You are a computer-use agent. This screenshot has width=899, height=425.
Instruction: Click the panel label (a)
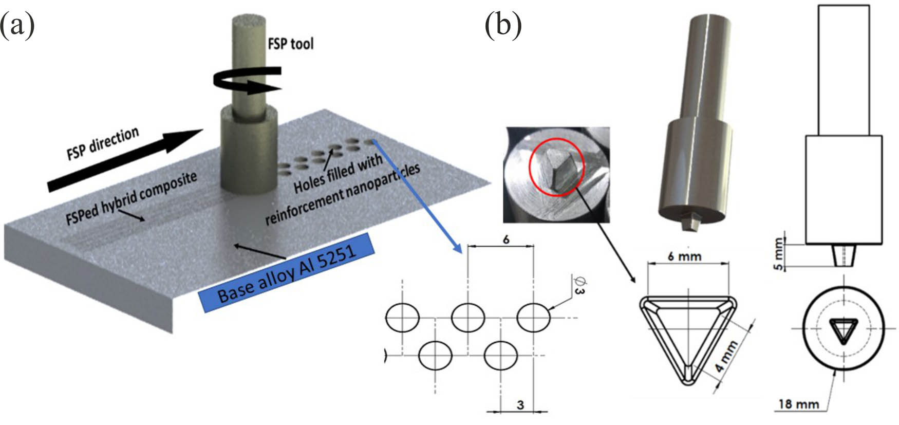17,26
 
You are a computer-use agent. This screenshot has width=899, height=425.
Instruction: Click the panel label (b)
503,26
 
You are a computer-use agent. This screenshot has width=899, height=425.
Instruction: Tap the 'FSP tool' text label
291,44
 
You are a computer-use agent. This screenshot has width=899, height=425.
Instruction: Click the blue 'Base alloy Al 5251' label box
287,272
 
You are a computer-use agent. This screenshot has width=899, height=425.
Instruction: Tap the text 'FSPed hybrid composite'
132,198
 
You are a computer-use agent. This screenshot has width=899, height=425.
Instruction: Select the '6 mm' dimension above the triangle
685,255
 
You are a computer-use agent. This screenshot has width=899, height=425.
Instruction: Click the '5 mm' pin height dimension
779,253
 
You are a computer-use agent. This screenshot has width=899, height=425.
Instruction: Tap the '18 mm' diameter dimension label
798,404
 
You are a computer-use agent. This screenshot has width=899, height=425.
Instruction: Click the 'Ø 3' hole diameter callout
579,285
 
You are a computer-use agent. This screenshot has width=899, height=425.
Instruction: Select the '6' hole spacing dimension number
506,239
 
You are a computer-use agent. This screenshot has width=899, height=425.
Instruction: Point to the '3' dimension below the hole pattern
520,405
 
